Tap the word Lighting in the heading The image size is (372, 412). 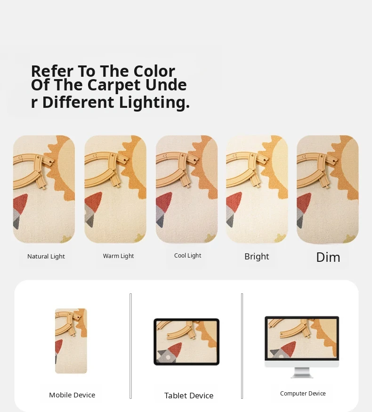click(154, 102)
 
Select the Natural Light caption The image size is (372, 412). click(46, 257)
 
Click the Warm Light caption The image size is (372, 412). click(118, 256)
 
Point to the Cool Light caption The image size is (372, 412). click(187, 255)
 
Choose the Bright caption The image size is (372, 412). click(257, 257)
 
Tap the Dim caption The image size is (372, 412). click(328, 257)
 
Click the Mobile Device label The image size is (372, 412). click(72, 395)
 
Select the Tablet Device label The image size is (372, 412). click(189, 396)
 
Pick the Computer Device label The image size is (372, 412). click(303, 393)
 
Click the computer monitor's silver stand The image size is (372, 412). click(302, 372)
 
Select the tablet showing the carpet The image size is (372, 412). click(186, 341)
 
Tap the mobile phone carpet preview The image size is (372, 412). click(71, 341)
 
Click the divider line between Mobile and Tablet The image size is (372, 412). click(130, 346)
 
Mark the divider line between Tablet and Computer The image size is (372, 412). click(242, 346)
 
